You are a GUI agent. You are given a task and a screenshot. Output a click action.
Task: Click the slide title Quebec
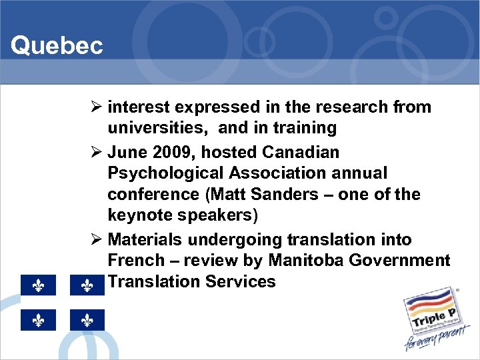[57, 46]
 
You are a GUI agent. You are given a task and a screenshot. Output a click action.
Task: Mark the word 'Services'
[241, 282]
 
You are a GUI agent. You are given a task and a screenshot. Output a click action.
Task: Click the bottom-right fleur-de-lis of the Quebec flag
[87, 321]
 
